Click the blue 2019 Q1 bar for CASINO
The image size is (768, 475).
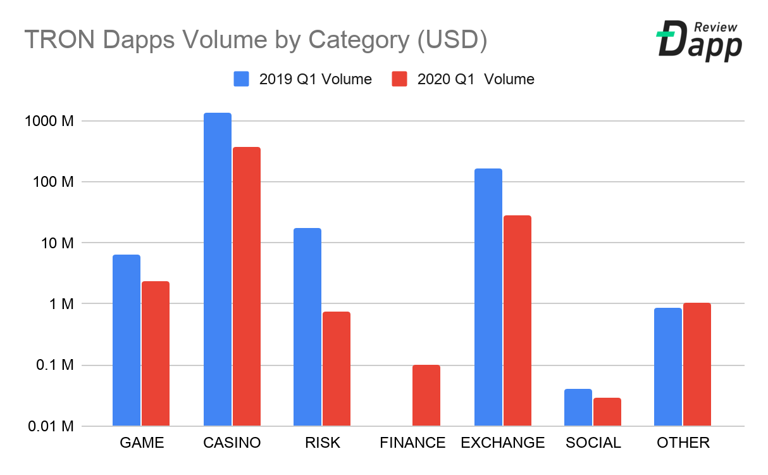tap(217, 269)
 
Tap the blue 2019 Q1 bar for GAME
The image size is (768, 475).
tap(127, 340)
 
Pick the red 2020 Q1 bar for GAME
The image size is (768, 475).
tap(156, 353)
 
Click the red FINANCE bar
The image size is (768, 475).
tap(426, 395)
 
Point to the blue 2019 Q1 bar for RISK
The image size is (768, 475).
tap(307, 327)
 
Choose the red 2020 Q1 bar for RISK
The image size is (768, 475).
tap(337, 369)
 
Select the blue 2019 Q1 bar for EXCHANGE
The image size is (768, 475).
tap(488, 297)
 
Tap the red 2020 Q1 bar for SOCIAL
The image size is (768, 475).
tap(607, 412)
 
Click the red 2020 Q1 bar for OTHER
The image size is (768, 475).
tap(697, 364)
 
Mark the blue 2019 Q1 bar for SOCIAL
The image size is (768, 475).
tap(578, 407)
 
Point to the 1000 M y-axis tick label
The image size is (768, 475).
tap(52, 121)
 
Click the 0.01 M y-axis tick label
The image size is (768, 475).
tap(51, 426)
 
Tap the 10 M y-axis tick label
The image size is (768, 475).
tap(59, 243)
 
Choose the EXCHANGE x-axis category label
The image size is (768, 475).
tap(503, 443)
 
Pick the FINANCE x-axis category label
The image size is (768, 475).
tap(412, 443)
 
